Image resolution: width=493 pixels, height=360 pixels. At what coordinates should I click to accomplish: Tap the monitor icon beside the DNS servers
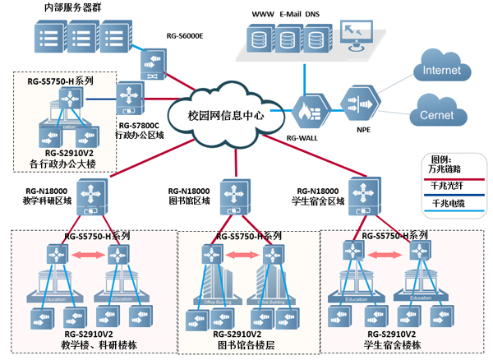[x=359, y=36]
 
